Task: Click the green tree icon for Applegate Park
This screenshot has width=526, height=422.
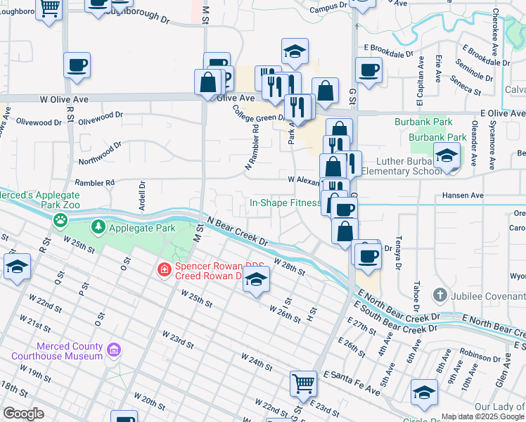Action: tap(98, 226)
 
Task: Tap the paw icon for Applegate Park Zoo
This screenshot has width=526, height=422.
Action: tap(61, 220)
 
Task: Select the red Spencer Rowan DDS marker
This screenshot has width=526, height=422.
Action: tap(164, 269)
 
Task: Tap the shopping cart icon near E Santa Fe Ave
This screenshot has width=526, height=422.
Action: tap(303, 383)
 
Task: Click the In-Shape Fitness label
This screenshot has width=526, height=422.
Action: tap(285, 203)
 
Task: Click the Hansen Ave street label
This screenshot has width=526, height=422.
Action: tap(463, 195)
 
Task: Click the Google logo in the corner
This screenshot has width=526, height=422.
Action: tap(23, 414)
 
